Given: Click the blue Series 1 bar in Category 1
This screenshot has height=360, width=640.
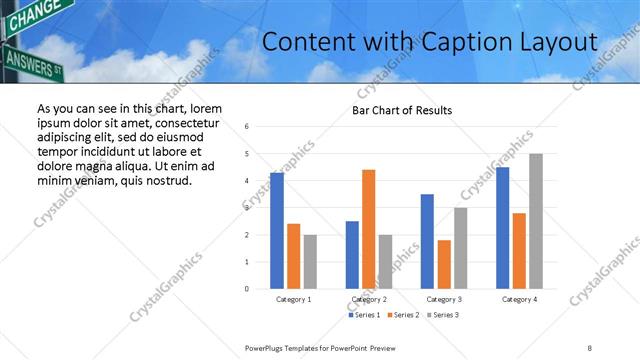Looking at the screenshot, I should (277, 231).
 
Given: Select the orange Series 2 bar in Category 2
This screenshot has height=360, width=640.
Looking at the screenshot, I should (368, 229).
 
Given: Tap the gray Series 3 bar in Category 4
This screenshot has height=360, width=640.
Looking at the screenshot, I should (536, 221).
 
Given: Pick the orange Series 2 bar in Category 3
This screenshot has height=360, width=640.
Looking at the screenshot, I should (444, 264).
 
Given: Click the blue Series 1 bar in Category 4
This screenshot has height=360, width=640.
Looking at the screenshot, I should (502, 228).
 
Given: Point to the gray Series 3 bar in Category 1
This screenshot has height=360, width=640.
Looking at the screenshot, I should (310, 262).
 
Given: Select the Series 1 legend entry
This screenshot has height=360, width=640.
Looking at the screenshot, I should (363, 315).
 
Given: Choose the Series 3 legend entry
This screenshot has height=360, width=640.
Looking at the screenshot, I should (444, 315).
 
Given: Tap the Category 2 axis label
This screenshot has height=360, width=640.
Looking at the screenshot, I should (370, 299).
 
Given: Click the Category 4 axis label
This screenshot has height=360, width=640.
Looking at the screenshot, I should (519, 299).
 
